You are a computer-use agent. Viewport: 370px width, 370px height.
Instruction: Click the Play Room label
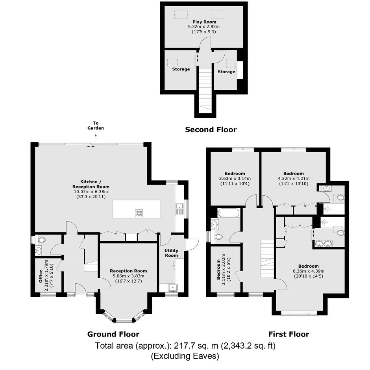[x=204, y=22]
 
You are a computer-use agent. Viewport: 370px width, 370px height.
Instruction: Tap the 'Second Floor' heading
[x=211, y=129]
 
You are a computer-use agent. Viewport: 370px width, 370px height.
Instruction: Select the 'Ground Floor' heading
[x=113, y=334]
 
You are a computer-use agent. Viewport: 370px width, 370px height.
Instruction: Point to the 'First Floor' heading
[x=289, y=334]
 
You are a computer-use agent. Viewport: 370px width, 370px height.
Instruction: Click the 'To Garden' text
[x=96, y=126]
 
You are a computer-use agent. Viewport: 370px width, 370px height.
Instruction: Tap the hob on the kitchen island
[x=139, y=213]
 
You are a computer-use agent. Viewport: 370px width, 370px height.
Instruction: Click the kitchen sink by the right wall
[x=179, y=209]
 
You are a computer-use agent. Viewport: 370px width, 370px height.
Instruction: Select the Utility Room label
[x=171, y=253]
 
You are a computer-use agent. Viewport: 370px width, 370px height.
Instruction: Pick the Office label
[x=41, y=276]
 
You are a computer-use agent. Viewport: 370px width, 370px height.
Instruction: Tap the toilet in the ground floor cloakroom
[x=42, y=240]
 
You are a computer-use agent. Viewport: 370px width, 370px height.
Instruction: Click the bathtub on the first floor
[x=229, y=213]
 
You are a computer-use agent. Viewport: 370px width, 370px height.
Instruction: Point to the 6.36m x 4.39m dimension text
[x=309, y=271]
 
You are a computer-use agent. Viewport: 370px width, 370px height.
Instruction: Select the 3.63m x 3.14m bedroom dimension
[x=235, y=179]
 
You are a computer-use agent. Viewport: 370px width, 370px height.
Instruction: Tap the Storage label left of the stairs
[x=181, y=69]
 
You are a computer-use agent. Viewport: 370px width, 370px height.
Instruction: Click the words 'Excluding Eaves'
[x=185, y=356]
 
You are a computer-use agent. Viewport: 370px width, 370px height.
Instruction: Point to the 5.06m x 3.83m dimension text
[x=128, y=276]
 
